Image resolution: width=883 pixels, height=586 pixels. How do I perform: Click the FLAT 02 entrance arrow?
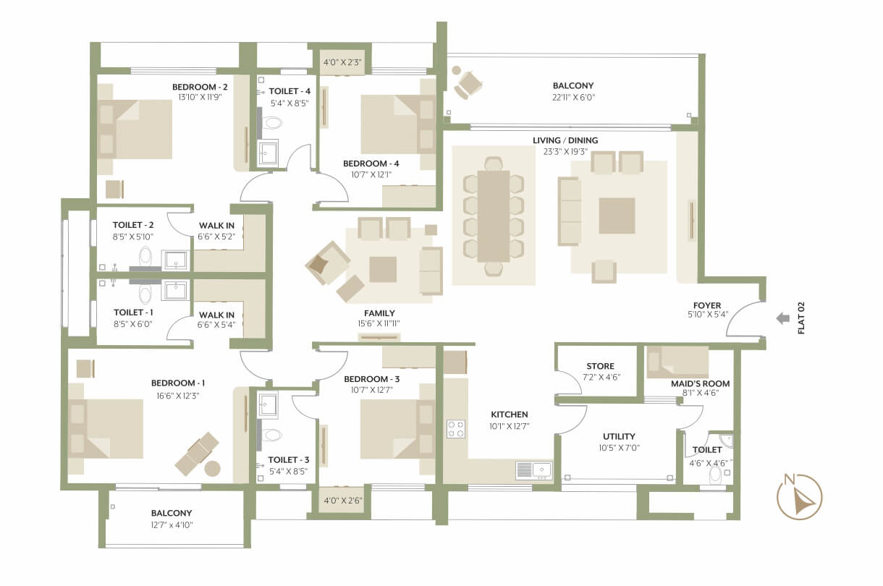pyautogui.click(x=783, y=318)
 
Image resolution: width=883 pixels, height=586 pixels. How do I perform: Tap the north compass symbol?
pyautogui.click(x=800, y=497)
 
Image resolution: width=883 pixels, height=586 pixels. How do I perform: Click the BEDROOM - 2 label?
pyautogui.click(x=200, y=87)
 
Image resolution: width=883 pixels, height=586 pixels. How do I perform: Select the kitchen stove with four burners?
pyautogui.click(x=456, y=429)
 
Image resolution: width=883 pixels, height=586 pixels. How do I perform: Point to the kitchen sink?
pyautogui.click(x=534, y=470)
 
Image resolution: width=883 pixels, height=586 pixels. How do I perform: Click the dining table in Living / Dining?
pyautogui.click(x=494, y=216)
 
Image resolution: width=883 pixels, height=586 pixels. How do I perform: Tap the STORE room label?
pyautogui.click(x=600, y=366)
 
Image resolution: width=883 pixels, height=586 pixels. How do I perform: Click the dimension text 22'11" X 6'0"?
pyautogui.click(x=573, y=98)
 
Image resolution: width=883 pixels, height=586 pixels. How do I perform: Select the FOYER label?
pyautogui.click(x=707, y=305)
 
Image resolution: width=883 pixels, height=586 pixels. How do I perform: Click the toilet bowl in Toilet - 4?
pyautogui.click(x=272, y=123)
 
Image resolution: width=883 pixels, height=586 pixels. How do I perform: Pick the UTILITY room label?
pyautogui.click(x=619, y=436)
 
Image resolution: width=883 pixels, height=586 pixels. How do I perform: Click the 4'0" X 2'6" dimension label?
pyautogui.click(x=343, y=501)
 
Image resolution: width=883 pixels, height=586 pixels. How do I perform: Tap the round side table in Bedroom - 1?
pyautogui.click(x=213, y=469)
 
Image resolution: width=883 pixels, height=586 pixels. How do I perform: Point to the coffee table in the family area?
pyautogui.click(x=383, y=270)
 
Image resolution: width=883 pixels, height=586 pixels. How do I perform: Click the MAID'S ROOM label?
pyautogui.click(x=700, y=383)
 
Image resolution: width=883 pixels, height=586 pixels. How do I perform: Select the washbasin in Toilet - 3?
pyautogui.click(x=268, y=404)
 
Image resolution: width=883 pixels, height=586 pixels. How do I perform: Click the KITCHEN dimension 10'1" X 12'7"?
pyautogui.click(x=510, y=426)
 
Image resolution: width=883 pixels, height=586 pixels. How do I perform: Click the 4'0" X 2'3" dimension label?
pyautogui.click(x=342, y=62)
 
